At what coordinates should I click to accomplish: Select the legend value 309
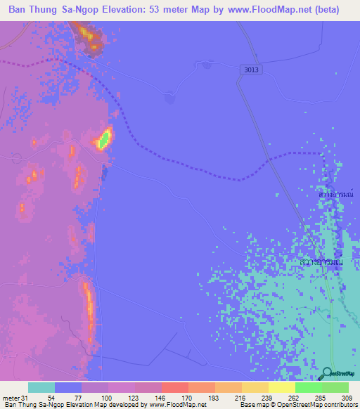[x=345, y=398]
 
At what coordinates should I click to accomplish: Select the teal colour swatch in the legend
[x=41, y=387]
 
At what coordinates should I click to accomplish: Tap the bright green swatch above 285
[x=308, y=387]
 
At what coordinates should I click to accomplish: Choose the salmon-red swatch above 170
[x=174, y=387]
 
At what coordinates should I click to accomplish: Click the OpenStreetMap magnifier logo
[x=327, y=372]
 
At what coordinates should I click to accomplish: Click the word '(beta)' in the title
[x=326, y=10]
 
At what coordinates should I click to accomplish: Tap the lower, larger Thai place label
[x=321, y=262]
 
